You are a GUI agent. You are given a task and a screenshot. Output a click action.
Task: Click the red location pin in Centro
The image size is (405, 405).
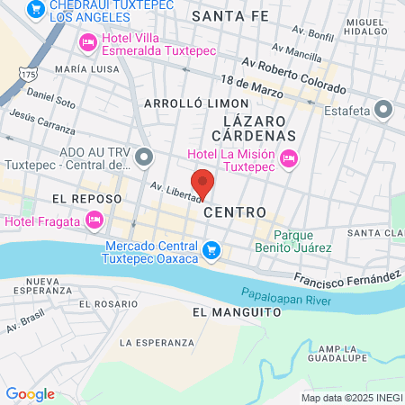(203, 183)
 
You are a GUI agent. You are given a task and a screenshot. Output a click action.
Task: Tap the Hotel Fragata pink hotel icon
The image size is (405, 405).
(93, 220)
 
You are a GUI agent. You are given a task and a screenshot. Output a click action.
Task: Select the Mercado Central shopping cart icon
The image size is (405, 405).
(211, 250)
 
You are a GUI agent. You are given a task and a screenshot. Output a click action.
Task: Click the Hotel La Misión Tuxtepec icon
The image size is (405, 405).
(289, 158)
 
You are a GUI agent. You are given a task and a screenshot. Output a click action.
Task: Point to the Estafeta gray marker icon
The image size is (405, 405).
(384, 111)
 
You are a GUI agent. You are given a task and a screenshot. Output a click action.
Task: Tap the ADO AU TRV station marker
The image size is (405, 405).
(144, 159)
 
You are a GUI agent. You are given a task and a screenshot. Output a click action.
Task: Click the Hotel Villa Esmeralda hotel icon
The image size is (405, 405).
(88, 42)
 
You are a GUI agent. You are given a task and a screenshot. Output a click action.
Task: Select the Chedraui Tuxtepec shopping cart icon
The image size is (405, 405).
(36, 9)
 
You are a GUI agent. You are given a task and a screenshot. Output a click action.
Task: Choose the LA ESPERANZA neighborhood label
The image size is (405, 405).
(157, 343)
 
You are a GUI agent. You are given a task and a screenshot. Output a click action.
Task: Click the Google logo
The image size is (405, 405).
(30, 393)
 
